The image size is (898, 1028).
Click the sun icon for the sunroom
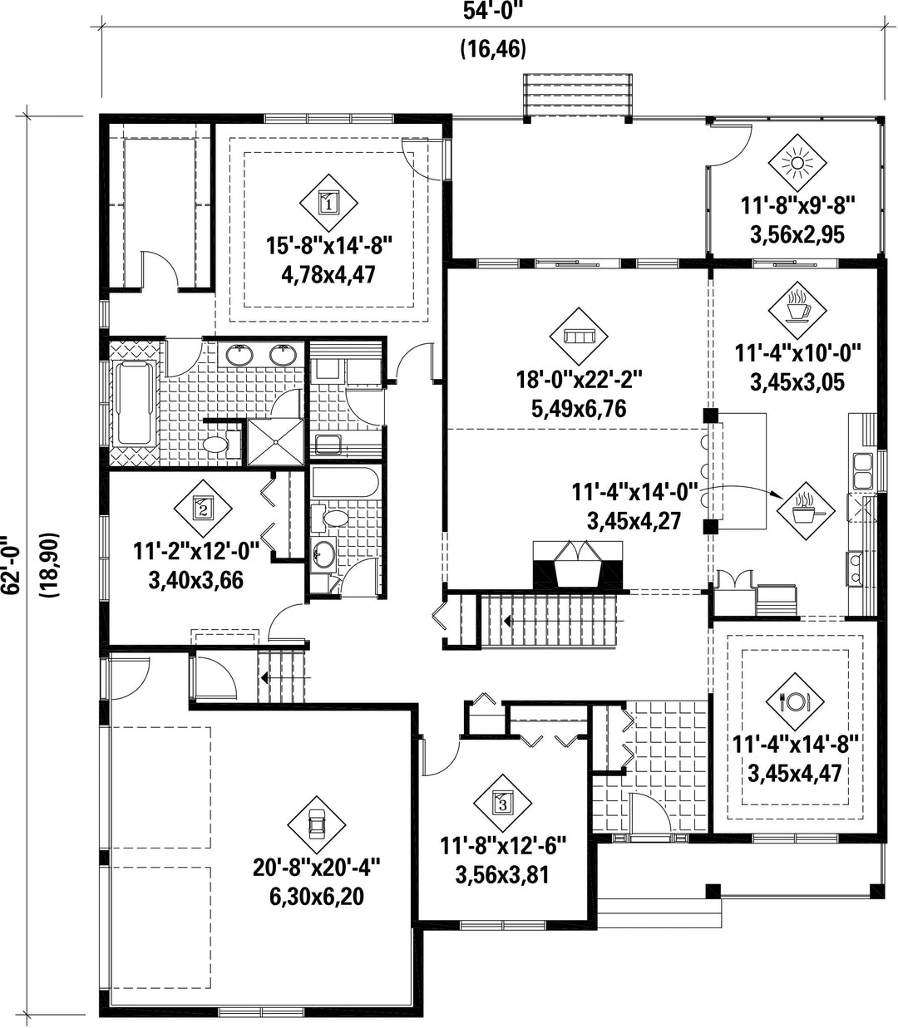797,163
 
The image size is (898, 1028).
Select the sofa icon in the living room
579,336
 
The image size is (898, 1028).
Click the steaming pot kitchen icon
806,511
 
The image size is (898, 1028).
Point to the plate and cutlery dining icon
795,702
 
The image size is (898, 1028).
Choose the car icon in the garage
317,825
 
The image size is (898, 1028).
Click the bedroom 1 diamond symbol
328,203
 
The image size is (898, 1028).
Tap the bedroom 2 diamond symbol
203,509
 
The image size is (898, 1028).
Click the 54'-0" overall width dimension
493,11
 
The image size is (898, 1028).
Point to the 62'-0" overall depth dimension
12,565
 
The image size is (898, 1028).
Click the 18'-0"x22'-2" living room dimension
580,380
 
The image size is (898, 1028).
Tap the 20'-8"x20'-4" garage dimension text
317,868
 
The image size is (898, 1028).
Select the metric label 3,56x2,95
797,234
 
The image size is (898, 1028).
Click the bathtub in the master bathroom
135,402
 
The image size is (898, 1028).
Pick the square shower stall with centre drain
275,442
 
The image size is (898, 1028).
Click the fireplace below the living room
578,564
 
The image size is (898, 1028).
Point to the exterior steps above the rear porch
577,95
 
